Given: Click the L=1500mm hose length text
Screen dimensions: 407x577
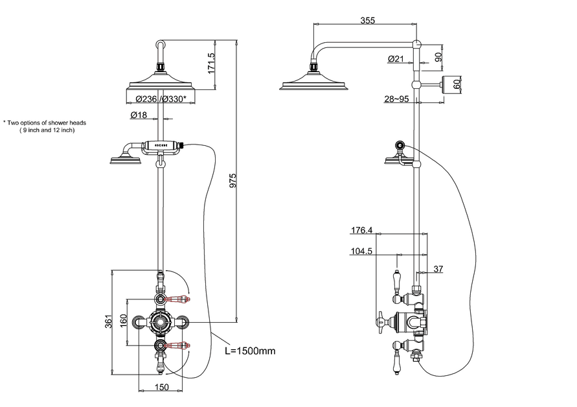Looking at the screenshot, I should (250, 351).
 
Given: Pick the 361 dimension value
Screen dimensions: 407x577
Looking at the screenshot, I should (107, 321).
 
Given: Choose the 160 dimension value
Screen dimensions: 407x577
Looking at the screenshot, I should (123, 321).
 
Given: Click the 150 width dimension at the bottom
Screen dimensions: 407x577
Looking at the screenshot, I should (162, 387).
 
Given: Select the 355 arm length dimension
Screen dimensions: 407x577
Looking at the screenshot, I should (367, 21).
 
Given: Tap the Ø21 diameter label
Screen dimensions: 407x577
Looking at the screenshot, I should (395, 59).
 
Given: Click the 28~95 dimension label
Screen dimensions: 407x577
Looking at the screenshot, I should (396, 99).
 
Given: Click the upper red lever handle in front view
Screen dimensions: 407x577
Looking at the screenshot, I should (179, 299).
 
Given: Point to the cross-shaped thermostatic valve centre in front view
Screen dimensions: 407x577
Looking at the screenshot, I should (160, 321).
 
